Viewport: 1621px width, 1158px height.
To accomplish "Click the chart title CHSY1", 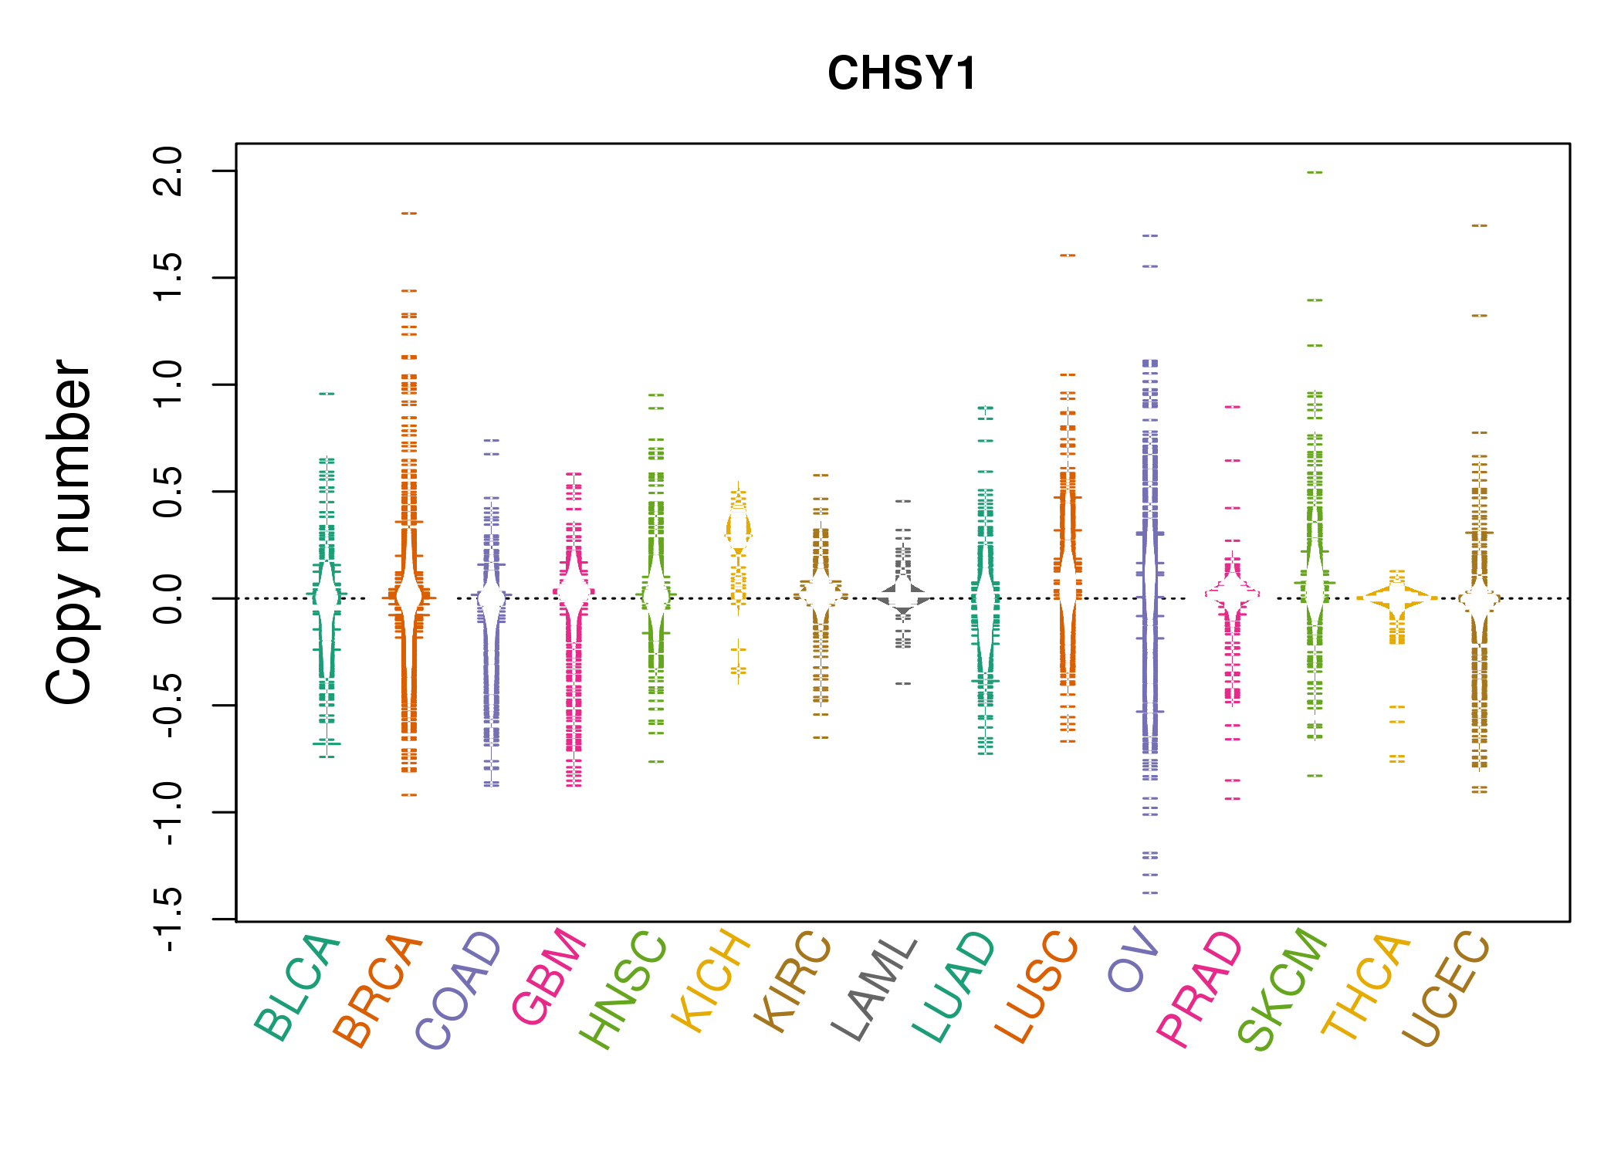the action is click(x=902, y=73).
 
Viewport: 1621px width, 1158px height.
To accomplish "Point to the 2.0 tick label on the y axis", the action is click(x=168, y=171).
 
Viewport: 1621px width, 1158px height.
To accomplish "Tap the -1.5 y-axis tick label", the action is click(x=168, y=919).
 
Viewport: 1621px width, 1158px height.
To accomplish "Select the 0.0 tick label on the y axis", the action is click(x=168, y=598).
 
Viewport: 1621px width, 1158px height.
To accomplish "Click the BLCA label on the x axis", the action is click(x=297, y=987).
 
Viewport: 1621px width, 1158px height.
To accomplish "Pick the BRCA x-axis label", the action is click(x=377, y=990).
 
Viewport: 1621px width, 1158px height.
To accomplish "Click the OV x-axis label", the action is click(x=1133, y=960).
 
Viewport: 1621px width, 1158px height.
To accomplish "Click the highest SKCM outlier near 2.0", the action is click(x=1315, y=172).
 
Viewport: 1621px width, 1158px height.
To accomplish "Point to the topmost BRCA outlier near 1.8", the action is click(x=409, y=213).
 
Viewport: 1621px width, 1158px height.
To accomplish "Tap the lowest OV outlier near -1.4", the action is click(x=1150, y=892).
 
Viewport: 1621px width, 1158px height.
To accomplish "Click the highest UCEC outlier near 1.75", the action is click(x=1479, y=225).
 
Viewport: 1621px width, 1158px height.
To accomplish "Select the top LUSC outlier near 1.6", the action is click(x=1068, y=255).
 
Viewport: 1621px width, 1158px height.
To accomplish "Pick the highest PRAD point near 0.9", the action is click(x=1233, y=407).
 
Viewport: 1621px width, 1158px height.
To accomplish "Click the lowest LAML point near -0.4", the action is click(x=903, y=683).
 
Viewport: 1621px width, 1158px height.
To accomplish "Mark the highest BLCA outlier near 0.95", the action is click(x=327, y=394).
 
